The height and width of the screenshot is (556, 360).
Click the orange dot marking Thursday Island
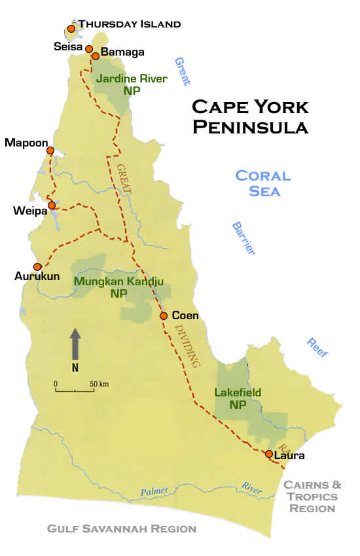[71, 29]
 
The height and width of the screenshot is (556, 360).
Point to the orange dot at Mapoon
[50, 150]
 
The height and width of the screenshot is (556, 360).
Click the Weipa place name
[28, 211]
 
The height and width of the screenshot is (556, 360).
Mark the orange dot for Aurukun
[38, 266]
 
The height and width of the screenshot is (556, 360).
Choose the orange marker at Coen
[164, 316]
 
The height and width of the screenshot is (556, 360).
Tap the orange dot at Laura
[269, 454]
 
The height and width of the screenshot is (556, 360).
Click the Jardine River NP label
[131, 84]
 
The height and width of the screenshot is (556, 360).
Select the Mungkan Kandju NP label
[118, 288]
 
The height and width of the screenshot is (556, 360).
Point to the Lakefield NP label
[238, 398]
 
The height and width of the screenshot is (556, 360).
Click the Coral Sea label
[262, 183]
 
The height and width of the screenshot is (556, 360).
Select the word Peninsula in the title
[249, 127]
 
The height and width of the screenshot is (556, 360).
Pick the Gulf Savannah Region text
[122, 529]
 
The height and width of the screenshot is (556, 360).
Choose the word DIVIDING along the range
[186, 345]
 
